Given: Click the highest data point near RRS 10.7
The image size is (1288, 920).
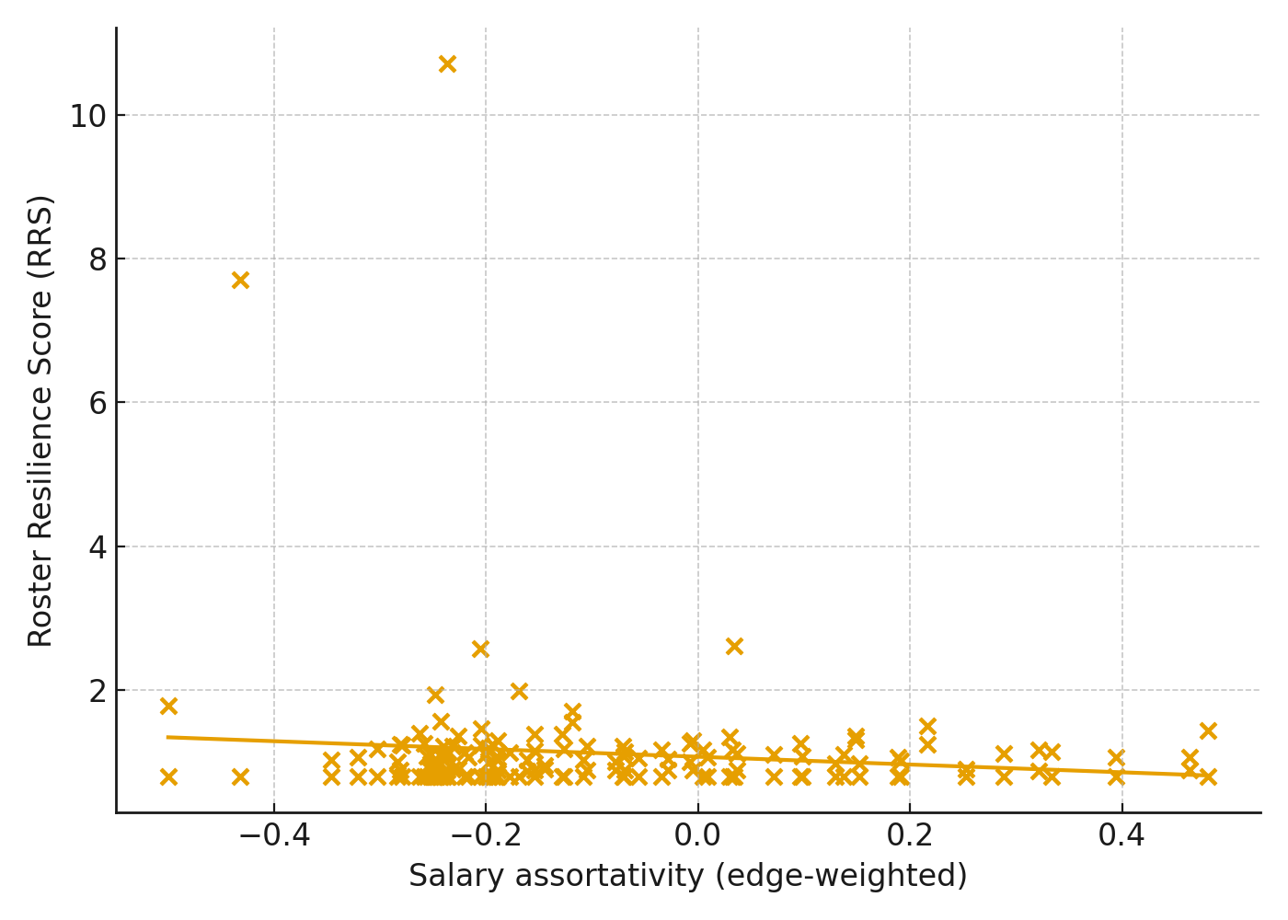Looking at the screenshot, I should (x=447, y=63).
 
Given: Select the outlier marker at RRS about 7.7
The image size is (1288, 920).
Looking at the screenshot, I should (x=240, y=280).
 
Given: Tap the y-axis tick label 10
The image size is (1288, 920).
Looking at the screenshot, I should (x=87, y=117).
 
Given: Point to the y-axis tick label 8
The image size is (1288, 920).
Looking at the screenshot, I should (x=98, y=260).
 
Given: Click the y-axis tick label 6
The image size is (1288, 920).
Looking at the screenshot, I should (x=98, y=404).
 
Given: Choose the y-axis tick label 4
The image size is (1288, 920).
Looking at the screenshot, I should (x=98, y=547).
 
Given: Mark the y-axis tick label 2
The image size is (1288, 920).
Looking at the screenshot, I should (x=98, y=691).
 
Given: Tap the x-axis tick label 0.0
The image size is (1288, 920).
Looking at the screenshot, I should (x=697, y=836).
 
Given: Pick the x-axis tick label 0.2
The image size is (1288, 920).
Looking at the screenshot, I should (x=910, y=836).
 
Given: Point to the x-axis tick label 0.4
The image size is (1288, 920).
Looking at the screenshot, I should (x=1121, y=836).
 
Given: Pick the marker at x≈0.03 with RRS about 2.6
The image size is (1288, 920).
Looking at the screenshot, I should (x=734, y=646).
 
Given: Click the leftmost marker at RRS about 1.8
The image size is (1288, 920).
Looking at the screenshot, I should (x=168, y=706).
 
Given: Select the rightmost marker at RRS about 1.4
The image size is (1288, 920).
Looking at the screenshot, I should (x=1208, y=730).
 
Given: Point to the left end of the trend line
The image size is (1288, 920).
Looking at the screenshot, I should (x=167, y=737).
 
